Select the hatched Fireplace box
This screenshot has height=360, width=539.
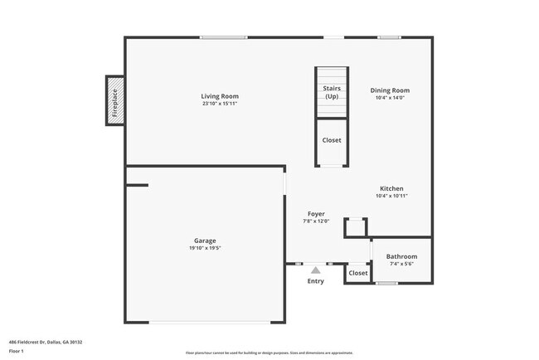(x=115, y=101)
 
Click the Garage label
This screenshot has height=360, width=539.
(x=205, y=241)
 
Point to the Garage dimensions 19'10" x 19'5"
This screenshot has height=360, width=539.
(x=205, y=248)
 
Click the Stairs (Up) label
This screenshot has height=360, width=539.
(x=331, y=92)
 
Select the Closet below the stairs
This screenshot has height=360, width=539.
(x=331, y=140)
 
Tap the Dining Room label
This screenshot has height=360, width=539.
(x=390, y=90)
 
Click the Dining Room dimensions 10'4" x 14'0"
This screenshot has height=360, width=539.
(x=390, y=98)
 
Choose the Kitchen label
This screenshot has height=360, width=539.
(x=391, y=188)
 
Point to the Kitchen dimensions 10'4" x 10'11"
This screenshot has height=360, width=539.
(x=391, y=196)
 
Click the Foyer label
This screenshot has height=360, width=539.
(x=316, y=213)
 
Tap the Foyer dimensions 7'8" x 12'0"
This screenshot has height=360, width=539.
(x=316, y=221)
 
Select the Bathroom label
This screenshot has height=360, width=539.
(x=402, y=256)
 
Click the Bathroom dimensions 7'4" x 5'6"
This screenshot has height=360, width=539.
(x=402, y=264)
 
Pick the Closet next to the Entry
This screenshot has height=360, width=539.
(x=357, y=273)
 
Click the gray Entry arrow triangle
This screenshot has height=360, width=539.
(x=315, y=270)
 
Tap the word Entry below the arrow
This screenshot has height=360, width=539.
(x=315, y=281)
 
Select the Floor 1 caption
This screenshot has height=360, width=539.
(x=17, y=351)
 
